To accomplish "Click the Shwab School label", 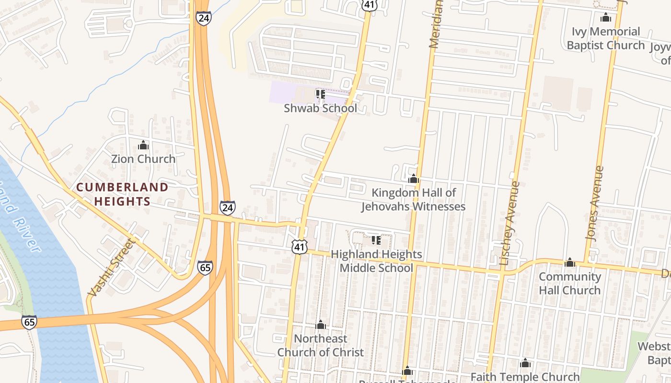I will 320,108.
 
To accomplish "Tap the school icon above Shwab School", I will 320,94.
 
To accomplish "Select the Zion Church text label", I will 143,159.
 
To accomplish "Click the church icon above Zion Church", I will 143,145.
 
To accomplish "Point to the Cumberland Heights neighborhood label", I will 122,194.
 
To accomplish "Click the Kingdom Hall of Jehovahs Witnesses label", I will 413,200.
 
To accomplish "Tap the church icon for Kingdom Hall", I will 413,179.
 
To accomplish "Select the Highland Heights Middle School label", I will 376,261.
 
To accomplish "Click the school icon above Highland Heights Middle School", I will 376,240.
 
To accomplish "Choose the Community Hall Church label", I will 569,283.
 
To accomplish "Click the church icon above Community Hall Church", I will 569,262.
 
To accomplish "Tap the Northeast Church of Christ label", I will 321,345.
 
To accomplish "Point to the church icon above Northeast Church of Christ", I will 321,325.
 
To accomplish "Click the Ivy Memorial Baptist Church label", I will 605,38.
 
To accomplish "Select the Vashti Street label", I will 112,267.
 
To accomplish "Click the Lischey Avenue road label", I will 510,223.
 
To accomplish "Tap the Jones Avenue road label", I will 595,203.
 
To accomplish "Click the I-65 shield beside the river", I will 29,322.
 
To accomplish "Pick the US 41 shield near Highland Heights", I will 300,247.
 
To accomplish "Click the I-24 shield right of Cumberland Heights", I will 228,207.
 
